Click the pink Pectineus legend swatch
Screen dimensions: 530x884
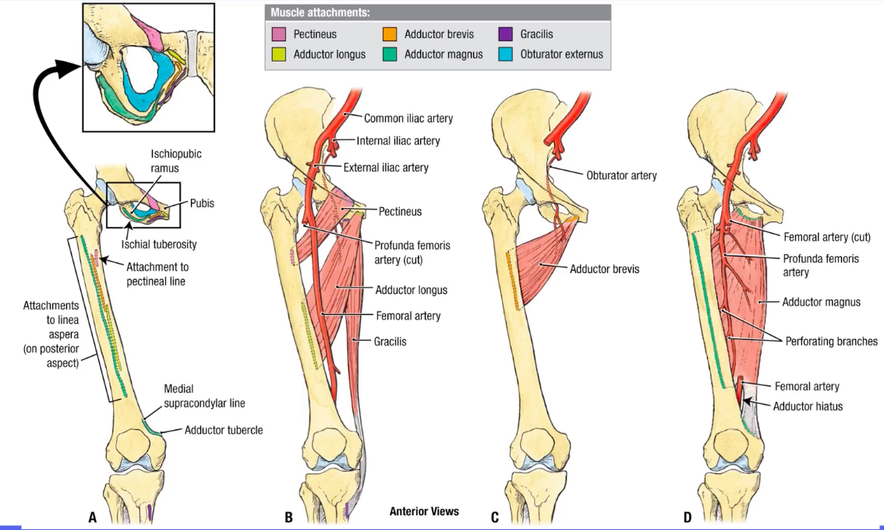[x=278, y=34]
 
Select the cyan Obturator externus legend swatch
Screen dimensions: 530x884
[x=505, y=55]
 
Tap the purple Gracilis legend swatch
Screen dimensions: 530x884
[x=505, y=34]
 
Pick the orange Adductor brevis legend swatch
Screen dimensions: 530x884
[x=390, y=34]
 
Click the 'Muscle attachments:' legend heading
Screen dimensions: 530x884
[x=320, y=13]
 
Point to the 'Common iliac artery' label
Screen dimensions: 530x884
[x=408, y=118]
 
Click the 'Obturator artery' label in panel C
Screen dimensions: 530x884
[x=621, y=175]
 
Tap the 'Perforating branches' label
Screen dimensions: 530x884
[x=831, y=341]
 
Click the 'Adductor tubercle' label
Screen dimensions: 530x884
[x=223, y=429]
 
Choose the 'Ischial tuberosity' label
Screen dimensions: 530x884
[x=158, y=244]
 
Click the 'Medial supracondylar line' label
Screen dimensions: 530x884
[x=204, y=396]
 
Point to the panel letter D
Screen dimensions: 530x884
[x=687, y=517]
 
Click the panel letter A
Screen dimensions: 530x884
[x=92, y=517]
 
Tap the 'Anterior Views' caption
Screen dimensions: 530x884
[x=424, y=511]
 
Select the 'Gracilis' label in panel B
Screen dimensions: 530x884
[x=389, y=341]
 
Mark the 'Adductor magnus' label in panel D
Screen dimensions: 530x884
[x=821, y=302]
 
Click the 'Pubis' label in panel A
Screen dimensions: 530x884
[x=202, y=203]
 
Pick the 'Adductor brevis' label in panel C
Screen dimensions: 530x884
[x=604, y=269]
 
